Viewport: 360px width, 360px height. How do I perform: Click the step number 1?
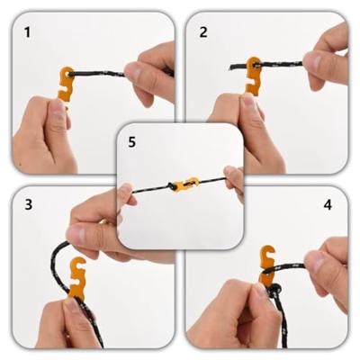(27, 32)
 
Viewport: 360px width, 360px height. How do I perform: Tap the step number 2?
(203, 32)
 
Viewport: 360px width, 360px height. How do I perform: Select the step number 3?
(28, 204)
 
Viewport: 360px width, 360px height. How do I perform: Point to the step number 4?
(328, 204)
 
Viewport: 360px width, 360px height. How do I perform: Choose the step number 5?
(132, 142)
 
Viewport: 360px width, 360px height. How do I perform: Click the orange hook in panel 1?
(66, 84)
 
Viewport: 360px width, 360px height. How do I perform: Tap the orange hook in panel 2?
(254, 76)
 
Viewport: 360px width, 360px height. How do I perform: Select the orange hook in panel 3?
(77, 277)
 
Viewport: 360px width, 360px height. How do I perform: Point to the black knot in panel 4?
(275, 291)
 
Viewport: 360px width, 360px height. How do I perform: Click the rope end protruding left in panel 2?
(237, 67)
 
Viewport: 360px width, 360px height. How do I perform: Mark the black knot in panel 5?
(173, 186)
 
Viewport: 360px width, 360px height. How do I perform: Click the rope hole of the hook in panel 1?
(70, 73)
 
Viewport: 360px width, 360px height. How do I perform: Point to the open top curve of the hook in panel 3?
(78, 264)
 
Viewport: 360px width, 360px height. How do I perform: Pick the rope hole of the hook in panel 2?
(256, 64)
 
